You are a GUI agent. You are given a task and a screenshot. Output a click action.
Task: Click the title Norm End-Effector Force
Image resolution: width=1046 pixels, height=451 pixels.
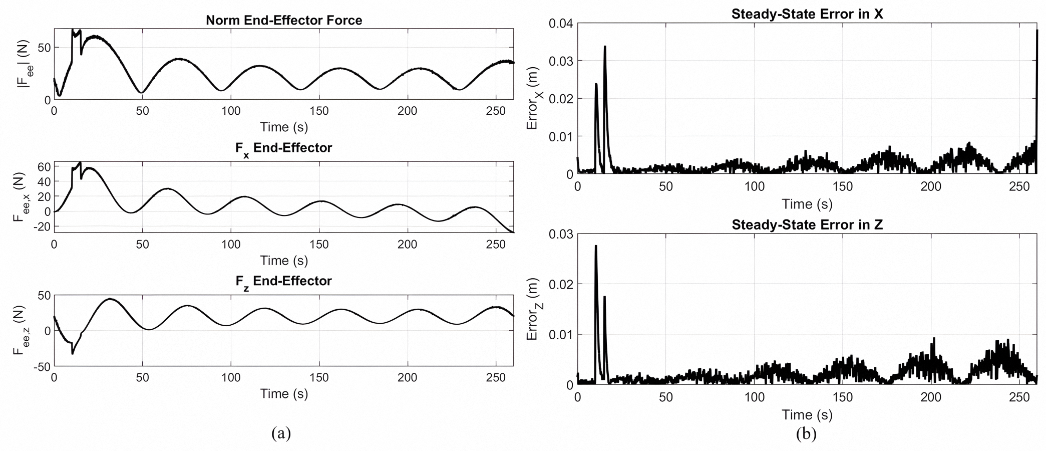283,21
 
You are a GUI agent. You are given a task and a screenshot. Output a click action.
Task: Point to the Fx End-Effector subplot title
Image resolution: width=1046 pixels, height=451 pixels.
283,148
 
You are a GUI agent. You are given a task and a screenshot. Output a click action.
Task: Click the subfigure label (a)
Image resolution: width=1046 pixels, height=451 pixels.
280,432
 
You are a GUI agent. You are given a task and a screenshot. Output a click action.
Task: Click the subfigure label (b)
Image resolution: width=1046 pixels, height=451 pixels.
806,433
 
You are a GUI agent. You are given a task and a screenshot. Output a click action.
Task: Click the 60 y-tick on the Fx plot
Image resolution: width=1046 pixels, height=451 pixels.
44,166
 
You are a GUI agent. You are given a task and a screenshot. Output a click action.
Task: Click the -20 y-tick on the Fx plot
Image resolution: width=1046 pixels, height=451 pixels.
41,227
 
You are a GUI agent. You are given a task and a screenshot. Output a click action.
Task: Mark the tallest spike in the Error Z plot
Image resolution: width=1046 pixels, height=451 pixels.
596,247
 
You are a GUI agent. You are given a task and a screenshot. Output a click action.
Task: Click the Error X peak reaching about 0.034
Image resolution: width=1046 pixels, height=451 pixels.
605,47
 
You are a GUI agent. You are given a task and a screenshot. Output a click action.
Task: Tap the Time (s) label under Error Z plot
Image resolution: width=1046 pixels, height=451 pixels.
807,415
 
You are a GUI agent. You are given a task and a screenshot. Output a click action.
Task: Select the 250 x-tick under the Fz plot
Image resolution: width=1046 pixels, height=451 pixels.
496,378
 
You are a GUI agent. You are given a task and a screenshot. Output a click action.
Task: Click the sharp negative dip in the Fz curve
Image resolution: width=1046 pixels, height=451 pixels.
73,353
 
